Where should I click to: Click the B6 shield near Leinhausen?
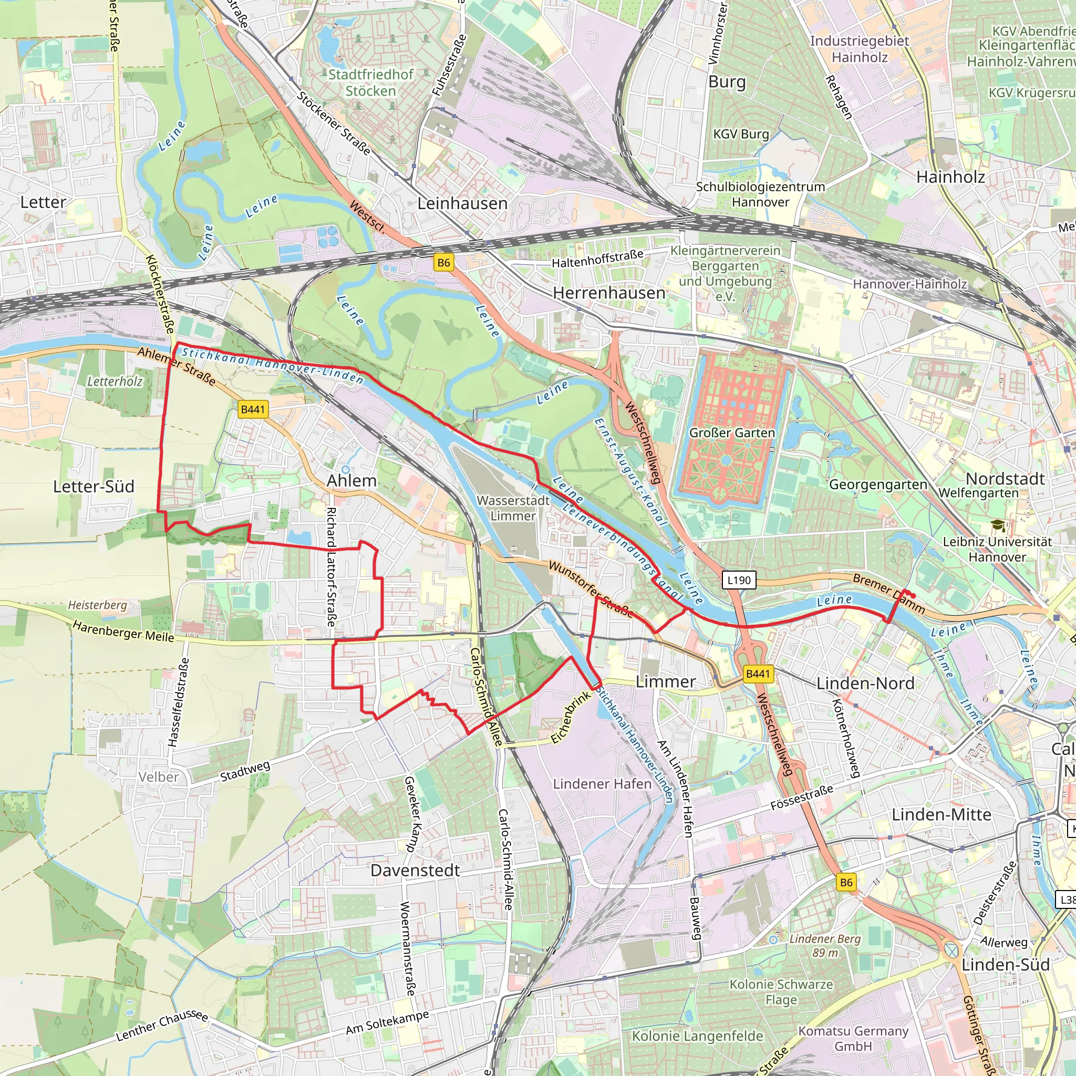(443, 263)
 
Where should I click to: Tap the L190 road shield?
(739, 580)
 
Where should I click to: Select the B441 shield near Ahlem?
(253, 409)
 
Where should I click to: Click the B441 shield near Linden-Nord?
(758, 674)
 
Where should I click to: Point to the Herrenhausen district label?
(609, 293)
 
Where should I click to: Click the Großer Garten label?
(732, 433)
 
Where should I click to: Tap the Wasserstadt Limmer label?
(513, 508)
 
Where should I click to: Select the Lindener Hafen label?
(602, 783)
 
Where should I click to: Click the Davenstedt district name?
(415, 870)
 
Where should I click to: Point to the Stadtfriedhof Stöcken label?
(370, 82)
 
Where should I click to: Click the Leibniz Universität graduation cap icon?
(998, 525)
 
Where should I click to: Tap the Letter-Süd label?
(94, 486)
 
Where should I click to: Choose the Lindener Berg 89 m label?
(824, 945)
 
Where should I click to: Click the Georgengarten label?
(878, 484)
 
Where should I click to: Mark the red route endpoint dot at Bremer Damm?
(913, 596)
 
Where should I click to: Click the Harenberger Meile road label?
(123, 632)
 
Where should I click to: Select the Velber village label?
(159, 777)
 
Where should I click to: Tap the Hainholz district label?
(950, 177)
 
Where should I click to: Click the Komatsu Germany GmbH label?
(853, 1038)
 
